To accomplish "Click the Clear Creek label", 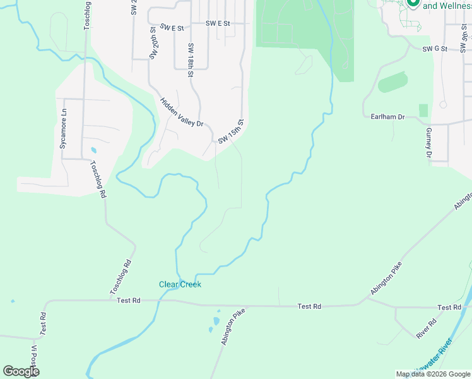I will click(x=180, y=284).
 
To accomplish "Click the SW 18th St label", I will click(x=190, y=60).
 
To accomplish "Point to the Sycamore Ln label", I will click(x=63, y=132).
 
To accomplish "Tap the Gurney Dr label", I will click(x=428, y=141).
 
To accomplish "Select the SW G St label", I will click(x=435, y=48).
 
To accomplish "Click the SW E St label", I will click(x=172, y=28).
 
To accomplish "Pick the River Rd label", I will click(x=427, y=329).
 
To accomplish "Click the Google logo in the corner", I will click(x=21, y=371).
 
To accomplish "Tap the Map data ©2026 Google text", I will click(x=433, y=374).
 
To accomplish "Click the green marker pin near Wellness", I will click(x=413, y=3).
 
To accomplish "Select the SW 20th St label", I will click(x=153, y=43).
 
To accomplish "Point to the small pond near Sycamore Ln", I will click(x=93, y=150).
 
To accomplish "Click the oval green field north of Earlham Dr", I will click(x=392, y=83).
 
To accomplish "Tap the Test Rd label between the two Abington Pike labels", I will click(x=309, y=306).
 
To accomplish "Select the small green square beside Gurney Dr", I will click(x=423, y=111).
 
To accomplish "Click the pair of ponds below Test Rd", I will click(x=215, y=324).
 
